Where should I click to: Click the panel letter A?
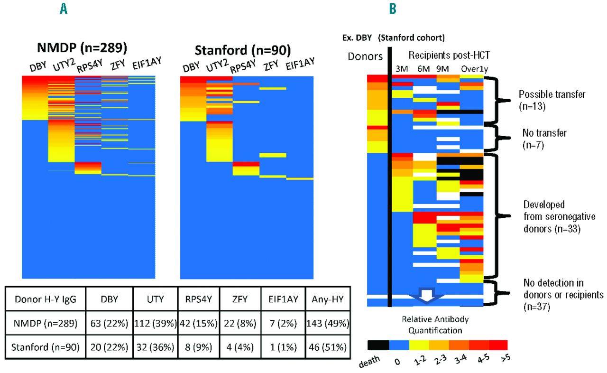[63, 8]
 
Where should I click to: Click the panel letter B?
[393, 8]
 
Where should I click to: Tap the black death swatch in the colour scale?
[378, 344]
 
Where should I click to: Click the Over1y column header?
[471, 68]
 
